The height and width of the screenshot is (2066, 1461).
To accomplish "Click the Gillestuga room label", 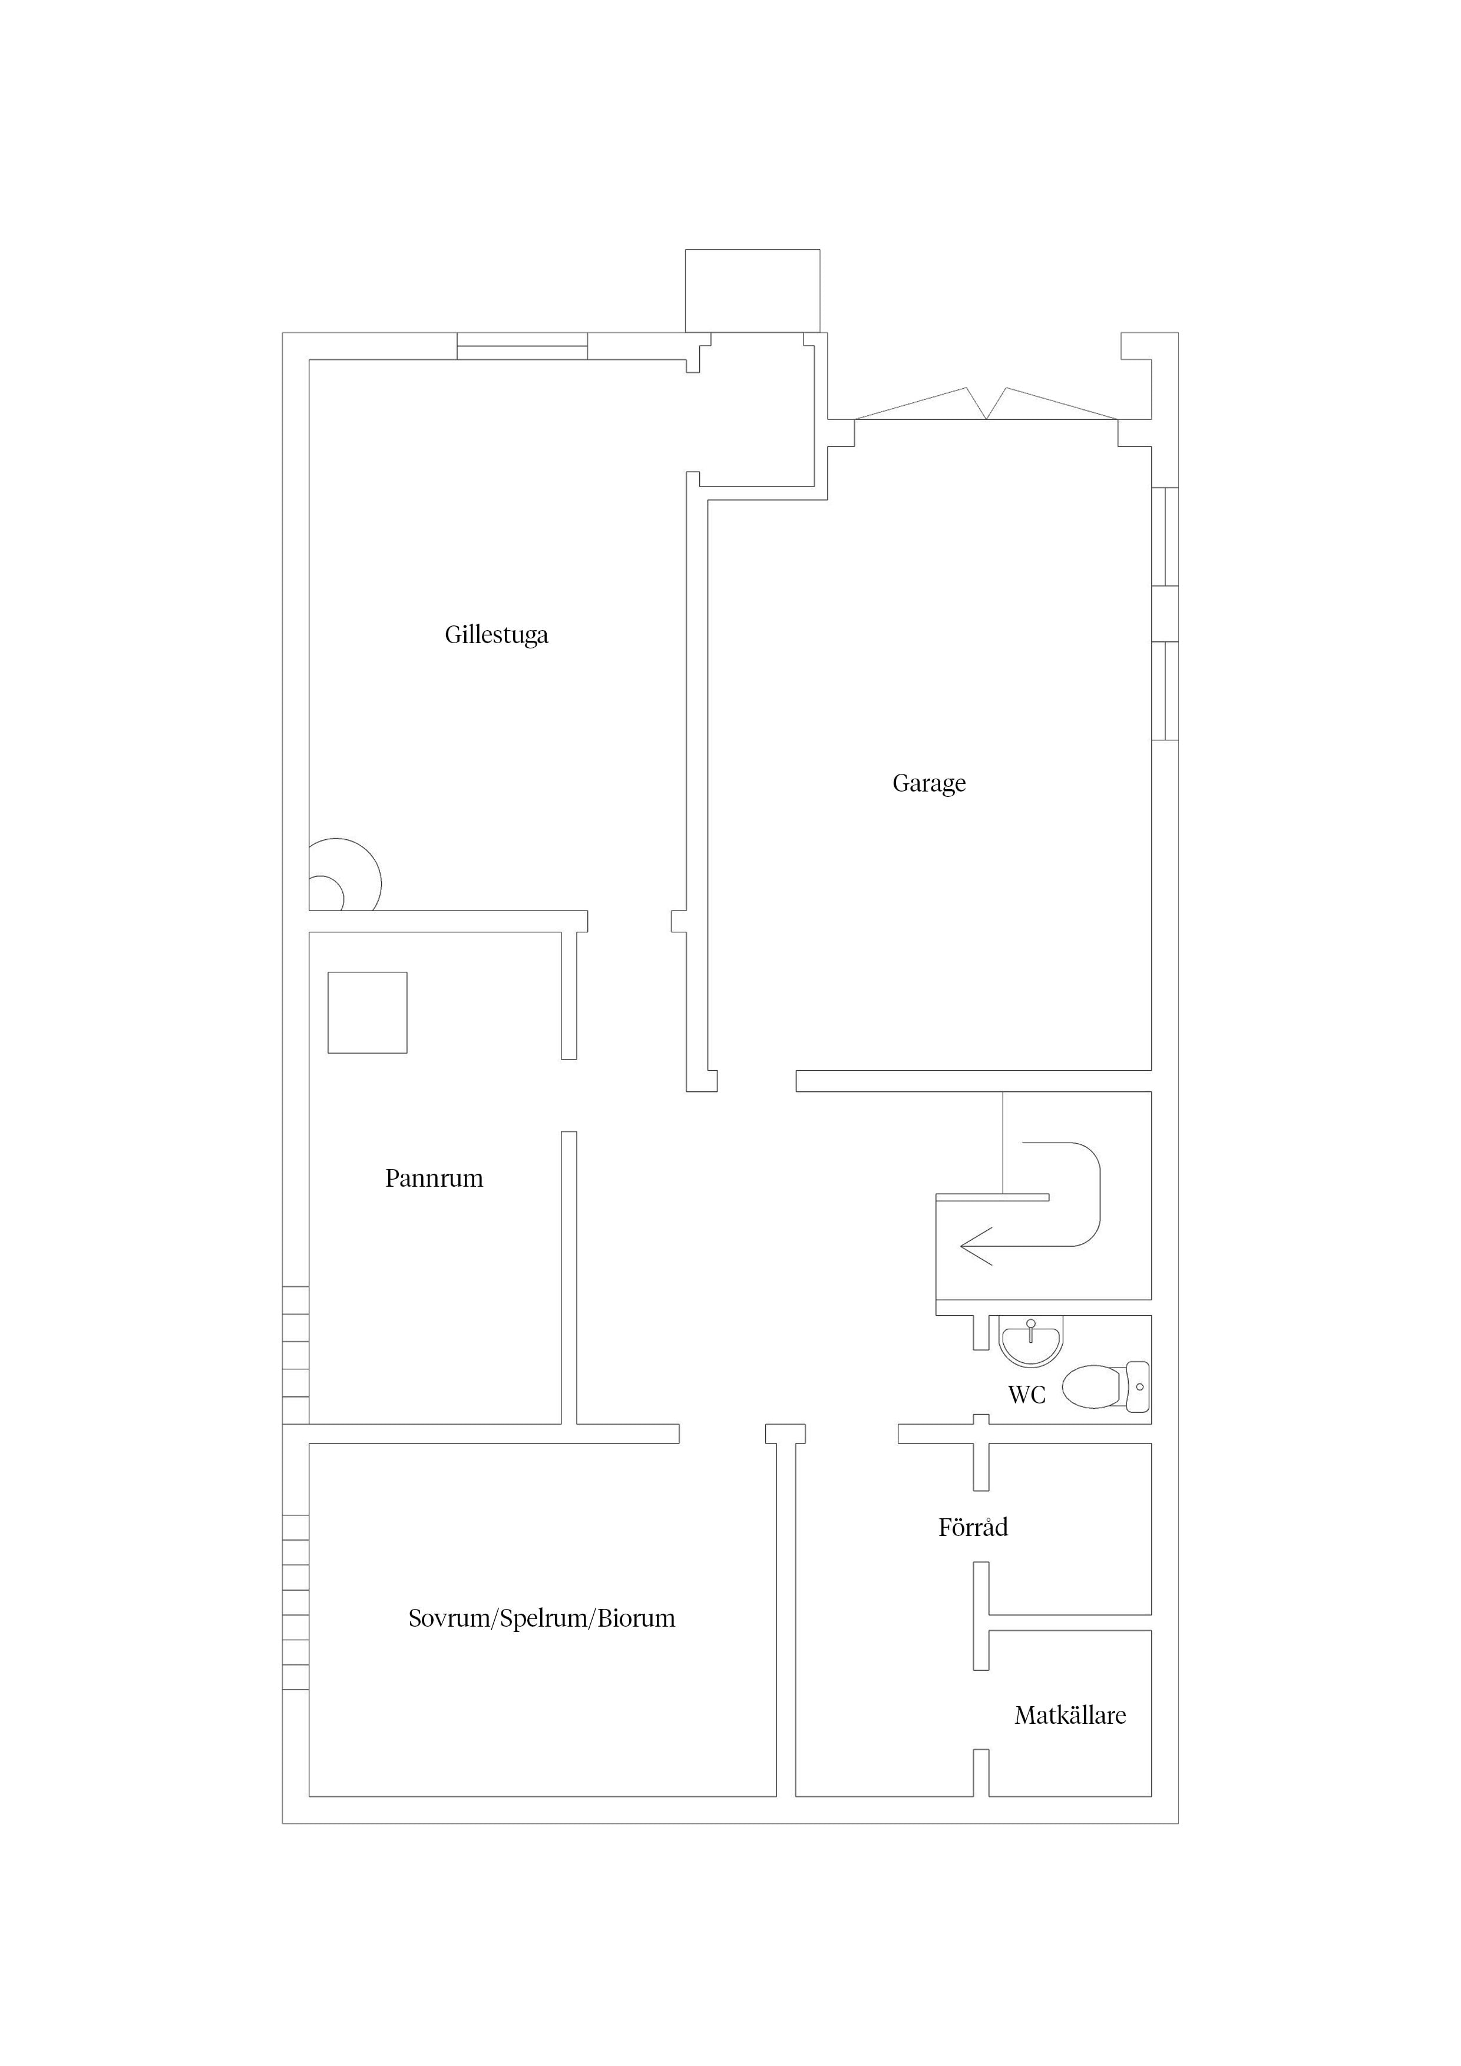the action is (496, 635).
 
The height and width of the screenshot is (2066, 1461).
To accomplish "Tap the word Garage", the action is (929, 784).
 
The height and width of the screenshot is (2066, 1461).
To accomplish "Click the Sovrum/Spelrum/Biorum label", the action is (542, 1619).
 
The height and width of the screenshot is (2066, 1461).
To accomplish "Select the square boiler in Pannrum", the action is (367, 1012).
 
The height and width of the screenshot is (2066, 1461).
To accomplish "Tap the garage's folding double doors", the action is (987, 404).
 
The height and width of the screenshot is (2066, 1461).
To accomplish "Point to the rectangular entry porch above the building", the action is (752, 291).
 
